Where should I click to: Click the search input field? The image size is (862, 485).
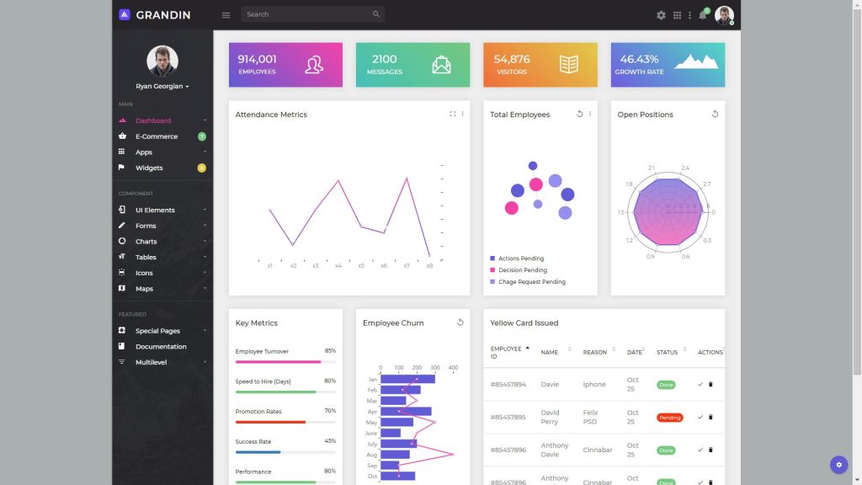pyautogui.click(x=307, y=14)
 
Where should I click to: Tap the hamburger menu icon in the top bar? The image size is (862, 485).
pyautogui.click(x=226, y=15)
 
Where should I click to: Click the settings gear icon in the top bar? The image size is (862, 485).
pyautogui.click(x=661, y=15)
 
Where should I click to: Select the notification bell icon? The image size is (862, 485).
pyautogui.click(x=702, y=15)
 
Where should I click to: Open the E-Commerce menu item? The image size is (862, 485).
pyautogui.click(x=157, y=136)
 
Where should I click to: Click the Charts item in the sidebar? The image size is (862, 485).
pyautogui.click(x=146, y=242)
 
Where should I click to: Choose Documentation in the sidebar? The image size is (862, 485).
pyautogui.click(x=161, y=347)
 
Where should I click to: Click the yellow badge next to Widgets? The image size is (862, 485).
pyautogui.click(x=201, y=168)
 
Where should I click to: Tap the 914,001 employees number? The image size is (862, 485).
pyautogui.click(x=257, y=59)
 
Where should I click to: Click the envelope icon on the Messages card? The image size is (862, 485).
pyautogui.click(x=441, y=65)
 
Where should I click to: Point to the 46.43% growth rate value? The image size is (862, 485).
pyautogui.click(x=639, y=59)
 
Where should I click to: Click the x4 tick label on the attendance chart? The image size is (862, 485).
pyautogui.click(x=338, y=266)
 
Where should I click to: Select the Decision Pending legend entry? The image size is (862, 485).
pyautogui.click(x=522, y=270)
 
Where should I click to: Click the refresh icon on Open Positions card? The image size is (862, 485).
pyautogui.click(x=715, y=114)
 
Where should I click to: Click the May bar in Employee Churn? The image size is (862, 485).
pyautogui.click(x=396, y=422)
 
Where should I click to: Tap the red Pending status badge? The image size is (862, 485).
pyautogui.click(x=669, y=418)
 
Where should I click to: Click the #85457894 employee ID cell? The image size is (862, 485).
pyautogui.click(x=508, y=385)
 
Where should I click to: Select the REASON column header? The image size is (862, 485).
pyautogui.click(x=594, y=352)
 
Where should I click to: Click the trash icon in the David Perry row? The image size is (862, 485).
pyautogui.click(x=710, y=417)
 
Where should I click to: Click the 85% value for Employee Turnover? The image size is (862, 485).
pyautogui.click(x=330, y=351)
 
